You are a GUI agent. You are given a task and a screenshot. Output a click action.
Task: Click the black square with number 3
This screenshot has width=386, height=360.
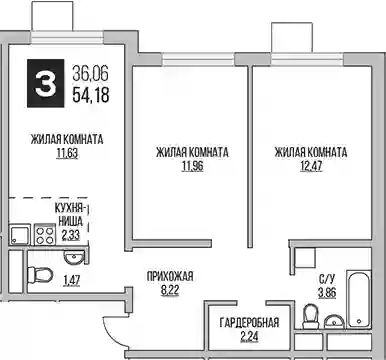[x=45, y=83]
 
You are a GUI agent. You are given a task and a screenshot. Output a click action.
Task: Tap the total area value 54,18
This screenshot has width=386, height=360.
[x=91, y=96]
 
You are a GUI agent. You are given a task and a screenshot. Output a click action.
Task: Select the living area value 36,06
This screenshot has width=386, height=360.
[x=91, y=73]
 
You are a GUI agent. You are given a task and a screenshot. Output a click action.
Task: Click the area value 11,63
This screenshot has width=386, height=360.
[x=67, y=154]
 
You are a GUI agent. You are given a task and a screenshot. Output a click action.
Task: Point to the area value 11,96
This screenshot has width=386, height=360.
[x=192, y=167]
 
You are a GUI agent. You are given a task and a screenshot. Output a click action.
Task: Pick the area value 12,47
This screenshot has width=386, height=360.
[x=311, y=167]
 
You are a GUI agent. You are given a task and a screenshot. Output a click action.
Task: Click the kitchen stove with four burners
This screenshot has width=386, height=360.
[x=44, y=235]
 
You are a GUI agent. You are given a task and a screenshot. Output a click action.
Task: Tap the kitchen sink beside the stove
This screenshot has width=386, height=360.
[x=20, y=235]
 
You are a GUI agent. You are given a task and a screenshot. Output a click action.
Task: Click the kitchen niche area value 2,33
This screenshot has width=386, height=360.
[x=71, y=235]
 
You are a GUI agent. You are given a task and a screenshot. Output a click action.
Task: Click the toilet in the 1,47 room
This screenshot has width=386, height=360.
[x=40, y=275]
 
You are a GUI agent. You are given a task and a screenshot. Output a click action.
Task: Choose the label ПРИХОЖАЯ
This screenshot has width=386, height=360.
[x=170, y=276]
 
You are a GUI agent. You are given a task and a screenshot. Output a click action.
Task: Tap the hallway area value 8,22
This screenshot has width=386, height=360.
[x=170, y=290]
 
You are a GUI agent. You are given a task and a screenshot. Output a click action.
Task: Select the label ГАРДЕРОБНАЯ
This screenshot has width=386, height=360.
[x=249, y=323]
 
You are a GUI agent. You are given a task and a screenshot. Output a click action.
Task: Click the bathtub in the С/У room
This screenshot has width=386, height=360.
[x=359, y=299]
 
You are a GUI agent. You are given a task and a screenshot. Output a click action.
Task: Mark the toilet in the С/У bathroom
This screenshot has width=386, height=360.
[x=310, y=316]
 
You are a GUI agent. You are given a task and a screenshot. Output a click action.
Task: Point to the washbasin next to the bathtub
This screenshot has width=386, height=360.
[x=334, y=322]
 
